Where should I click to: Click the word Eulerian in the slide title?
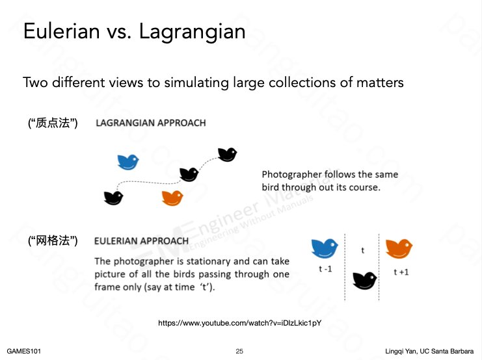[x=62, y=31]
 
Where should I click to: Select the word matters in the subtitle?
[x=380, y=83]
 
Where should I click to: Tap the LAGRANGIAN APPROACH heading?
[x=151, y=123]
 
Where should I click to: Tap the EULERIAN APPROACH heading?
[x=141, y=241]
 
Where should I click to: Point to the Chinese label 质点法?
[x=53, y=123]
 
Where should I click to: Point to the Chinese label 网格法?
[x=53, y=240]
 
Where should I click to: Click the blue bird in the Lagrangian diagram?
[x=128, y=162]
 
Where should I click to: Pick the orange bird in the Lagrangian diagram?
[x=172, y=198]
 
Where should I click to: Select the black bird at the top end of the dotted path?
[x=228, y=155]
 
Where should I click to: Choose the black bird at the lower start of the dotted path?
[x=113, y=198]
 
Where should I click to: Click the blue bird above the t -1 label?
[x=325, y=248]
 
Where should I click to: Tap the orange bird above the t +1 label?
[x=399, y=248]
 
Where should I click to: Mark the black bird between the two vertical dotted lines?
[x=364, y=281]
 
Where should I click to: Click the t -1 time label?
[x=325, y=269]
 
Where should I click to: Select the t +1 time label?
[x=401, y=272]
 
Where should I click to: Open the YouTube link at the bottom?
[x=240, y=323]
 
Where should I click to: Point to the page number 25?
[x=239, y=351]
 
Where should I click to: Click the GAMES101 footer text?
[x=23, y=351]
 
